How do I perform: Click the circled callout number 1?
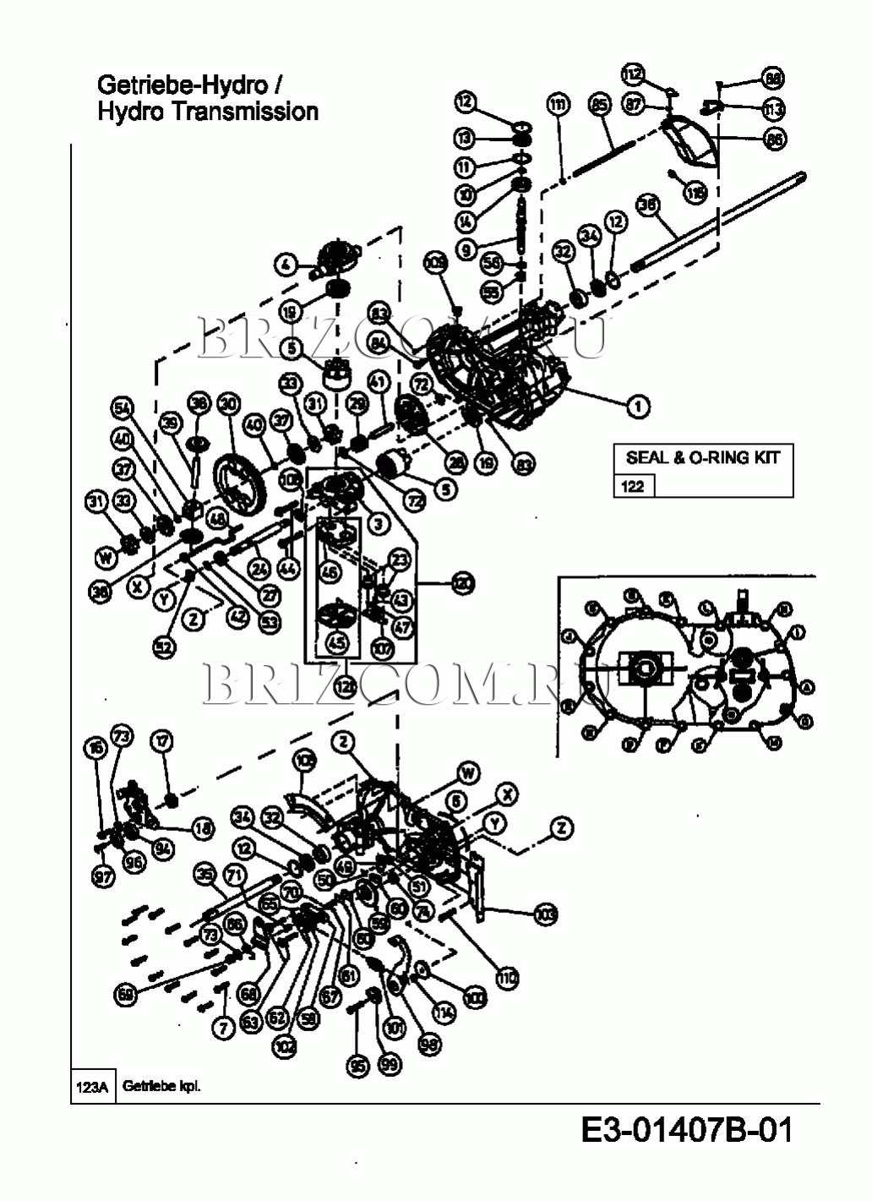[x=638, y=406]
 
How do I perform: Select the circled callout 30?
[x=227, y=403]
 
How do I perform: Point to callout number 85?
[x=599, y=106]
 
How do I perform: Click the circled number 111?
[x=558, y=106]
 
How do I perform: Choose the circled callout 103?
[x=545, y=913]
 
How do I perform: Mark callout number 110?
[x=506, y=979]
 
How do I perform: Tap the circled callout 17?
[x=161, y=741]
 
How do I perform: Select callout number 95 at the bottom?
[x=359, y=1066]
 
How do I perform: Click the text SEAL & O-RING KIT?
[x=702, y=457]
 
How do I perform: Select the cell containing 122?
[x=632, y=486]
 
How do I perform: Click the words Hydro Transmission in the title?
[x=208, y=111]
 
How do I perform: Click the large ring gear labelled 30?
[x=240, y=485]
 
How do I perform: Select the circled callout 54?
[x=124, y=409]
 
